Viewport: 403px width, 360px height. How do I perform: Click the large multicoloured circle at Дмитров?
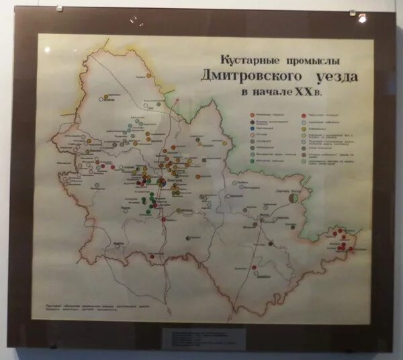pyautogui.click(x=162, y=182)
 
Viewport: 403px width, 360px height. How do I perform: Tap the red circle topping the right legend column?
pyautogui.click(x=304, y=116)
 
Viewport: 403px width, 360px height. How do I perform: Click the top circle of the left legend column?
pyautogui.click(x=252, y=116)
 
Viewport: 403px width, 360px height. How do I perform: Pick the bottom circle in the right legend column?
pyautogui.click(x=304, y=162)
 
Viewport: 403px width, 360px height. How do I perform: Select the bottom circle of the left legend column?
pyautogui.click(x=252, y=162)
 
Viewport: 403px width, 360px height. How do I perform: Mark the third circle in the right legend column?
pyautogui.click(x=304, y=128)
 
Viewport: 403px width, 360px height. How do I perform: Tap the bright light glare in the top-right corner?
pyautogui.click(x=362, y=18)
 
